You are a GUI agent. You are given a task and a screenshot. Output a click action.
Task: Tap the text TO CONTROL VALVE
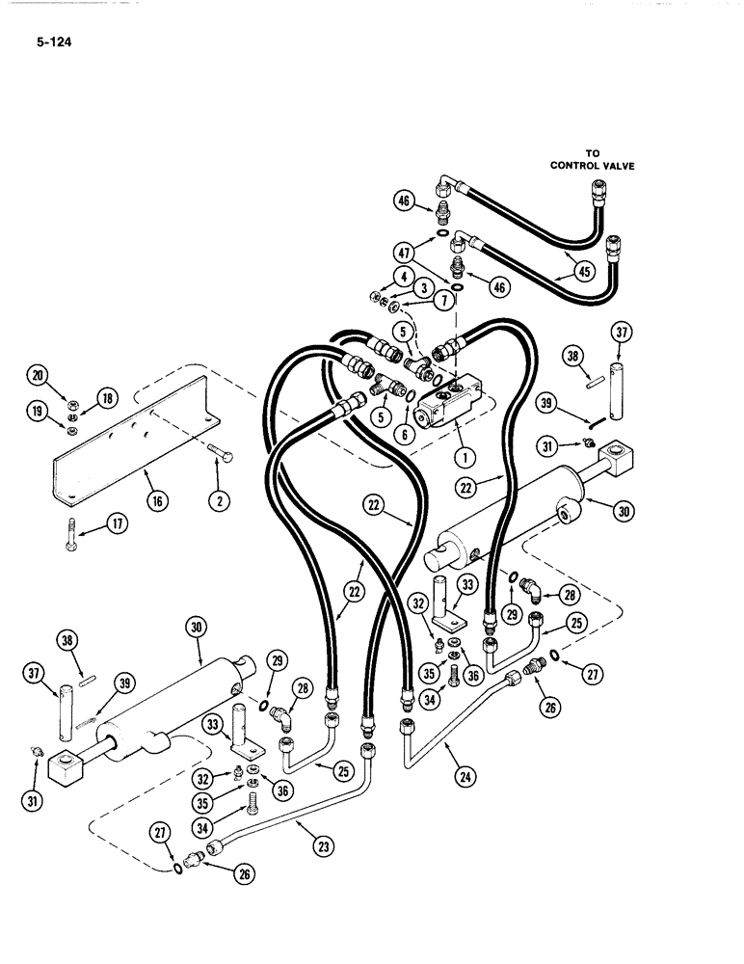pyautogui.click(x=593, y=159)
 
